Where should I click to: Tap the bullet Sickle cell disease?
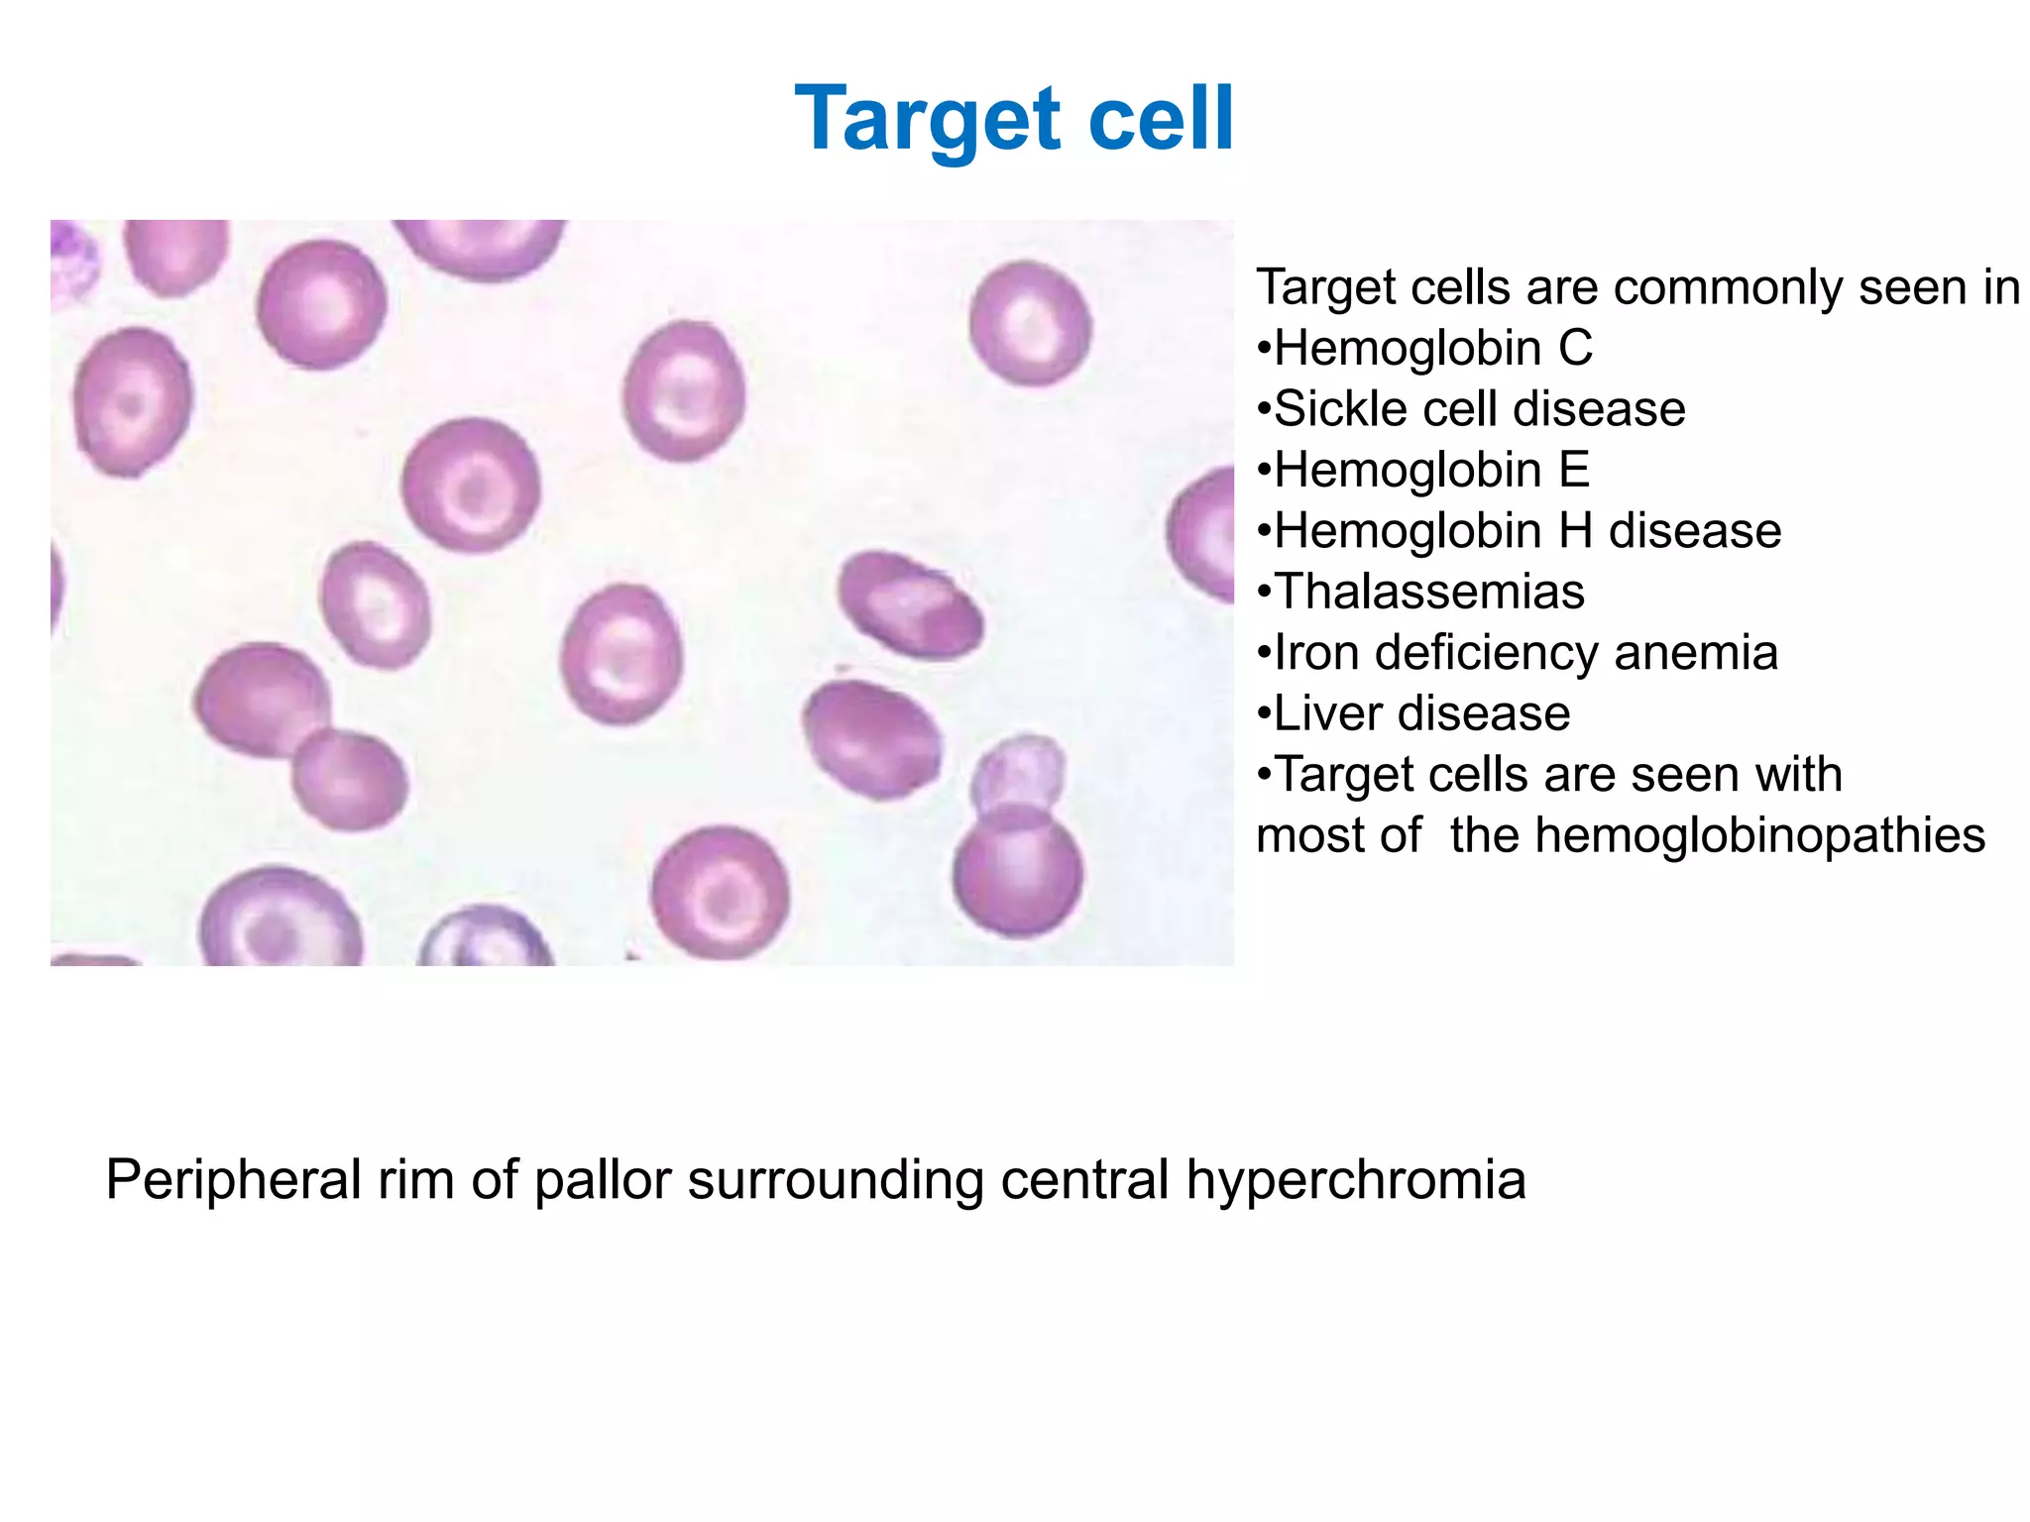point(1472,409)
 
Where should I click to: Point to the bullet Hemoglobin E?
point(1424,470)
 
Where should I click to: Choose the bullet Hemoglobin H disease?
point(1520,531)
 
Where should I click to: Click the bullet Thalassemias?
point(1422,592)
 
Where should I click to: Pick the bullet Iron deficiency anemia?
point(1519,653)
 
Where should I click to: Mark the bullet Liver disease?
point(1414,713)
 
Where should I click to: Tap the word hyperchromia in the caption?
point(1355,1180)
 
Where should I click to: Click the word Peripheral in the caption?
point(233,1180)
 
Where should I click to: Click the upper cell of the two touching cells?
point(260,699)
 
